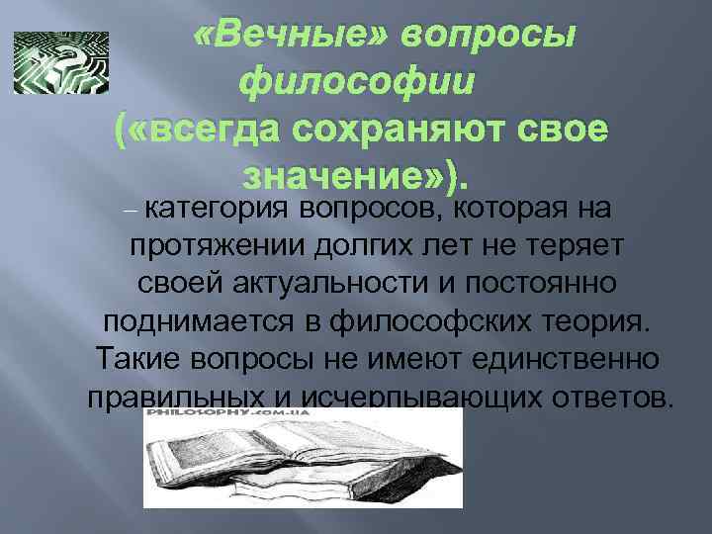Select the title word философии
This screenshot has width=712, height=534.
tap(361, 81)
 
